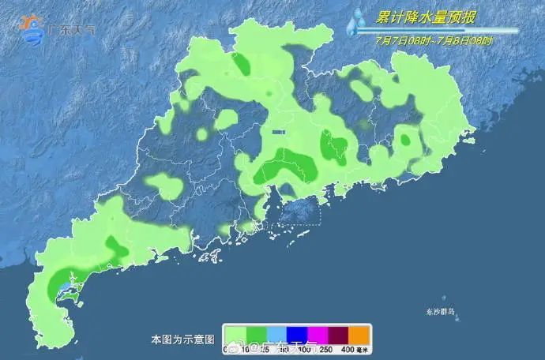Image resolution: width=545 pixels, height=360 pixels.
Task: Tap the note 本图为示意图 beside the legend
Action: (x=182, y=339)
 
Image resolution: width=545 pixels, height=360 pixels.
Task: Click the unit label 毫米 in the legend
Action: (x=364, y=348)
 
